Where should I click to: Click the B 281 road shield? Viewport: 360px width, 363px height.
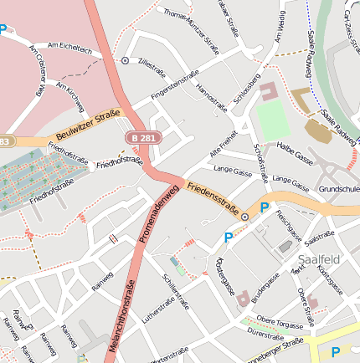click(x=141, y=136)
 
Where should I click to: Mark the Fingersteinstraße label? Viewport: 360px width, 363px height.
click(x=179, y=86)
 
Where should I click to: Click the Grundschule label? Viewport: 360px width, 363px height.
click(x=338, y=188)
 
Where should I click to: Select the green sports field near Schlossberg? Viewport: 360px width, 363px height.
click(x=272, y=122)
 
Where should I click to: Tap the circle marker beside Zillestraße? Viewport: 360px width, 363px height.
click(x=125, y=60)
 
